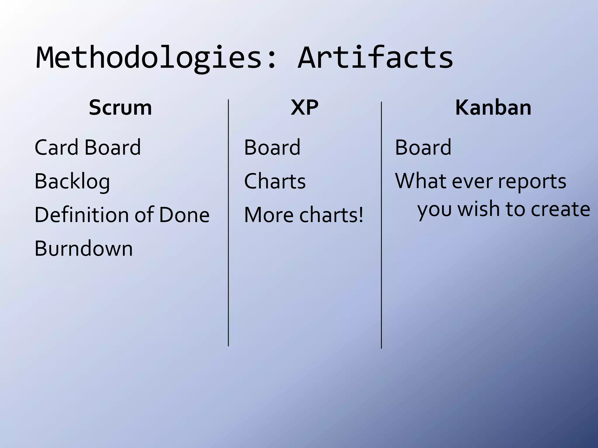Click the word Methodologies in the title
click(149, 58)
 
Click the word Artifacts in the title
click(375, 58)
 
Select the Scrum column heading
click(120, 108)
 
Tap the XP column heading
click(305, 108)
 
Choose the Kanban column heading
click(493, 108)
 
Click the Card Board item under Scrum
click(88, 147)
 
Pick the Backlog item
click(72, 181)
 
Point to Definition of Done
click(122, 215)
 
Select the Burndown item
click(84, 249)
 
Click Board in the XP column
click(272, 147)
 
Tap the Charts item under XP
click(275, 181)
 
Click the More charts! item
click(304, 215)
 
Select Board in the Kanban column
click(423, 147)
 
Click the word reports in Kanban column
click(532, 181)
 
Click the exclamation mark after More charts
click(361, 214)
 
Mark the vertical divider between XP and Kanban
click(381, 225)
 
